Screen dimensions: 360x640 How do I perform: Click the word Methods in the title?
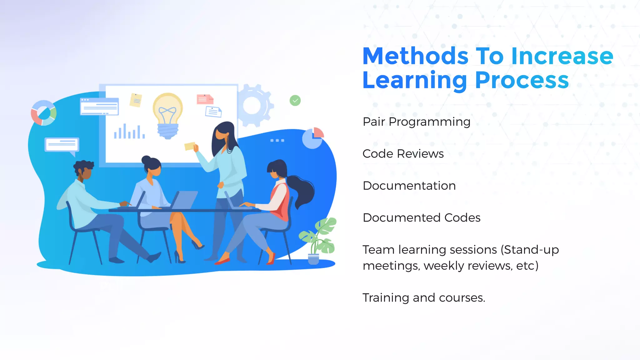(415, 56)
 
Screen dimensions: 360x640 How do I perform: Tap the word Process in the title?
(522, 81)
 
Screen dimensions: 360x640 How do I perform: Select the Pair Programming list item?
(416, 122)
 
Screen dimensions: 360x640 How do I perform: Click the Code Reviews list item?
(403, 154)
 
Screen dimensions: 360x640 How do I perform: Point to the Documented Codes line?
(421, 218)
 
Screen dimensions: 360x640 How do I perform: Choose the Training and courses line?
(423, 297)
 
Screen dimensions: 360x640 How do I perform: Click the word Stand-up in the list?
(531, 250)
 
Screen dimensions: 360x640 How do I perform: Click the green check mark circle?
(295, 101)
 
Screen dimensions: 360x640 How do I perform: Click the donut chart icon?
(44, 113)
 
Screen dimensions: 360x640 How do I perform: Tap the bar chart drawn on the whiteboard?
(129, 132)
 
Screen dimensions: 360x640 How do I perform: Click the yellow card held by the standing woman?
(189, 146)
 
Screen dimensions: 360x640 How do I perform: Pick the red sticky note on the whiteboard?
(205, 99)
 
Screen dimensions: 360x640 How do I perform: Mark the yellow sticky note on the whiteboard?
(136, 100)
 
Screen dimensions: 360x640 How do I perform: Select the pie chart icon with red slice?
(313, 138)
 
